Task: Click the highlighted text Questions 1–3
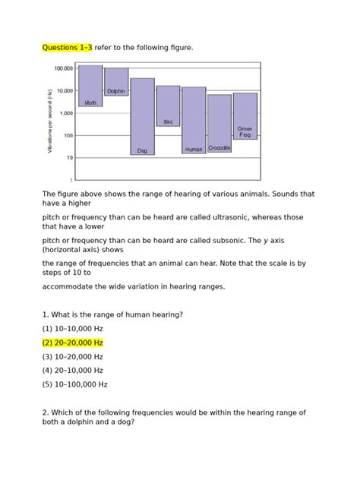[x=68, y=48]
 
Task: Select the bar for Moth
[x=90, y=85]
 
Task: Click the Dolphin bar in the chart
[x=116, y=81]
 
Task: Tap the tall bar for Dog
[x=142, y=114]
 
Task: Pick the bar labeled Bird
[x=168, y=105]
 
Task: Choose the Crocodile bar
[x=219, y=122]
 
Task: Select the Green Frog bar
[x=245, y=115]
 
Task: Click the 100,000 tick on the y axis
[x=63, y=68]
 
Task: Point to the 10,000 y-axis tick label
[x=64, y=91]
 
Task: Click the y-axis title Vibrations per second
[x=49, y=122]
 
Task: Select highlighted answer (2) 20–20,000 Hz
[x=73, y=343]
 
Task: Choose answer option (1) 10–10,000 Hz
[x=73, y=329]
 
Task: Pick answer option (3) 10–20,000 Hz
[x=73, y=356]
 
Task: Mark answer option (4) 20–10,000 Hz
[x=73, y=370]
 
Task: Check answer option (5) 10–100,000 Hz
[x=75, y=384]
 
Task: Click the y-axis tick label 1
[x=71, y=181]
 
